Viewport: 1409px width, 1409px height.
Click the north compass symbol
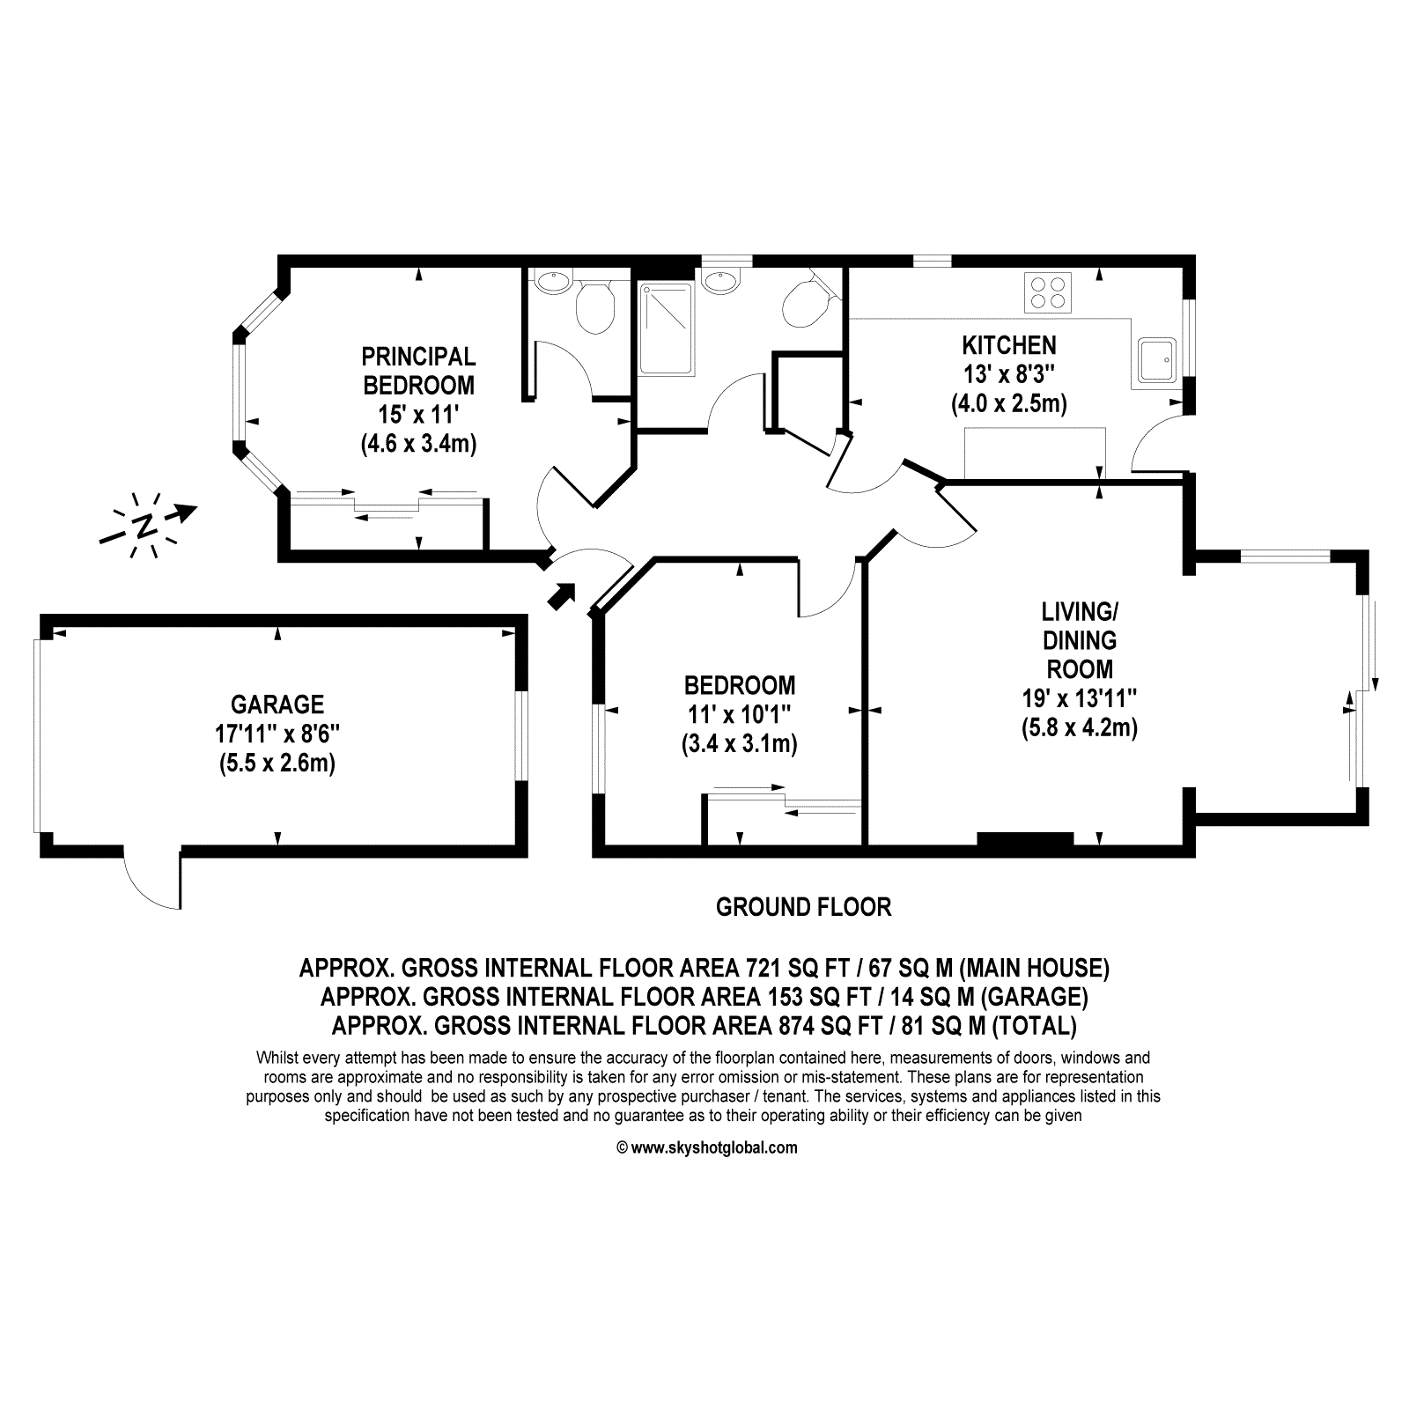click(x=146, y=526)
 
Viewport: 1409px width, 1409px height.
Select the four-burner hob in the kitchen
click(x=1048, y=292)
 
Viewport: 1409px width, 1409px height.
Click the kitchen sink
click(x=1156, y=359)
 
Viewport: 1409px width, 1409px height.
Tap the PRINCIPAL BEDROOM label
click(x=419, y=371)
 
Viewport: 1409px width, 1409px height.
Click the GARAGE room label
click(x=277, y=704)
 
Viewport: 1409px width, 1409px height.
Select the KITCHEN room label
click(x=1009, y=345)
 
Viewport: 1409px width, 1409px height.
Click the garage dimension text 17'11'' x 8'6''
click(x=277, y=734)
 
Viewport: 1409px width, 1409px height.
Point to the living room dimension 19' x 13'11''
click(x=1080, y=699)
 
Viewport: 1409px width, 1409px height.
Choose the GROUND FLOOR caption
click(x=803, y=907)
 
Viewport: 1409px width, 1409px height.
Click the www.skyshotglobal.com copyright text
click(x=707, y=1147)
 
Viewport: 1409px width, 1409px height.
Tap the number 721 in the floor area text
click(x=764, y=969)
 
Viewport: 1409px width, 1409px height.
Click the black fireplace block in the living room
click(x=1025, y=839)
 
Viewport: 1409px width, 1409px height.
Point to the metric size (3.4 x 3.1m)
click(x=740, y=744)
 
